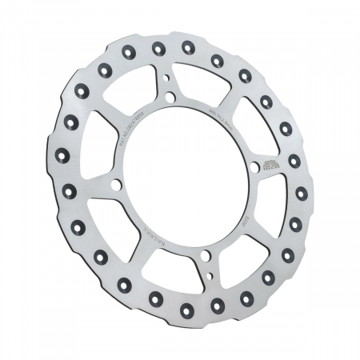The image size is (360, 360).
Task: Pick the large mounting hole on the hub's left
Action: click(117, 186)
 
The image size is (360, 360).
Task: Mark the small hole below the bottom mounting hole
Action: click(210, 274)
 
